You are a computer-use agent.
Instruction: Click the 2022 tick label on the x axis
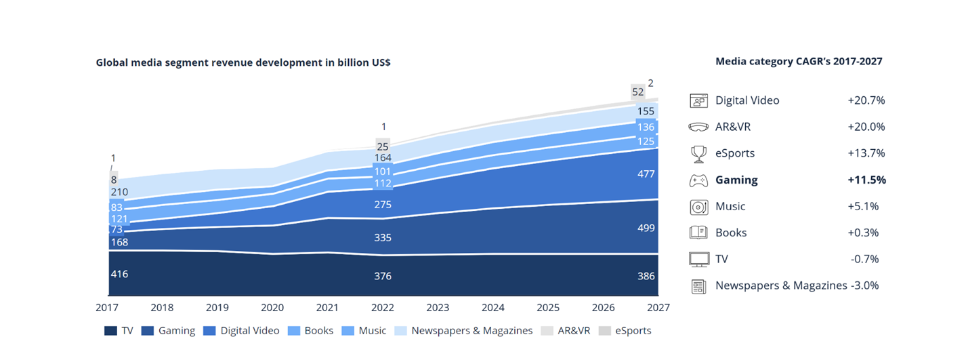(383, 308)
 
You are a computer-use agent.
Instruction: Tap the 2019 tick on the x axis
(217, 308)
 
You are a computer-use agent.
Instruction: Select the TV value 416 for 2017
(119, 274)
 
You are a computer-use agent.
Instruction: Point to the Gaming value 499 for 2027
(646, 227)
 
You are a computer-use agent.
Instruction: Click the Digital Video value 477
(646, 174)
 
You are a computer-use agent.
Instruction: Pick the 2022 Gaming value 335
(383, 237)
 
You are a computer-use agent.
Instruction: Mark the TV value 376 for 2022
(383, 276)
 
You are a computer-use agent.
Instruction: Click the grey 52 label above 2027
(637, 92)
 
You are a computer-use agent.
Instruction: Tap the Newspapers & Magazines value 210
(119, 193)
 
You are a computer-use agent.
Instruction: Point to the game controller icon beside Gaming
(698, 180)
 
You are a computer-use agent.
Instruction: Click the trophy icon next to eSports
(698, 154)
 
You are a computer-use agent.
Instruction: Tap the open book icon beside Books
(698, 233)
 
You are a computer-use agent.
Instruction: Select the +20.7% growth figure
(866, 100)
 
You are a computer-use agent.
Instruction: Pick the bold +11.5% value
(866, 180)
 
